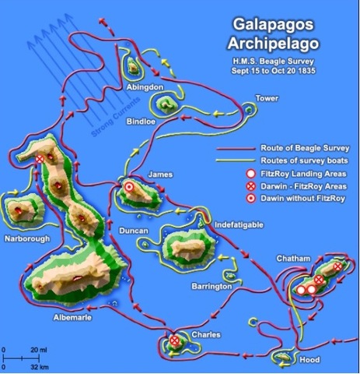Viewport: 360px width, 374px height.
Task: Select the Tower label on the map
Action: pyautogui.click(x=267, y=98)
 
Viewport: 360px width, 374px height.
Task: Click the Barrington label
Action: pyautogui.click(x=211, y=287)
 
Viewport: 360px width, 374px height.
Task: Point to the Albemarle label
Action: pyautogui.click(x=57, y=318)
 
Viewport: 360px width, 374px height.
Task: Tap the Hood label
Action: pyautogui.click(x=309, y=360)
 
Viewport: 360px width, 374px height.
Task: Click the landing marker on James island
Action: pyautogui.click(x=128, y=187)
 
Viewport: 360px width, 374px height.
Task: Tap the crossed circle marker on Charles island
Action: pyautogui.click(x=175, y=340)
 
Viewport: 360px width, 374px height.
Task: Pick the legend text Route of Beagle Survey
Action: pyautogui.click(x=307, y=147)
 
